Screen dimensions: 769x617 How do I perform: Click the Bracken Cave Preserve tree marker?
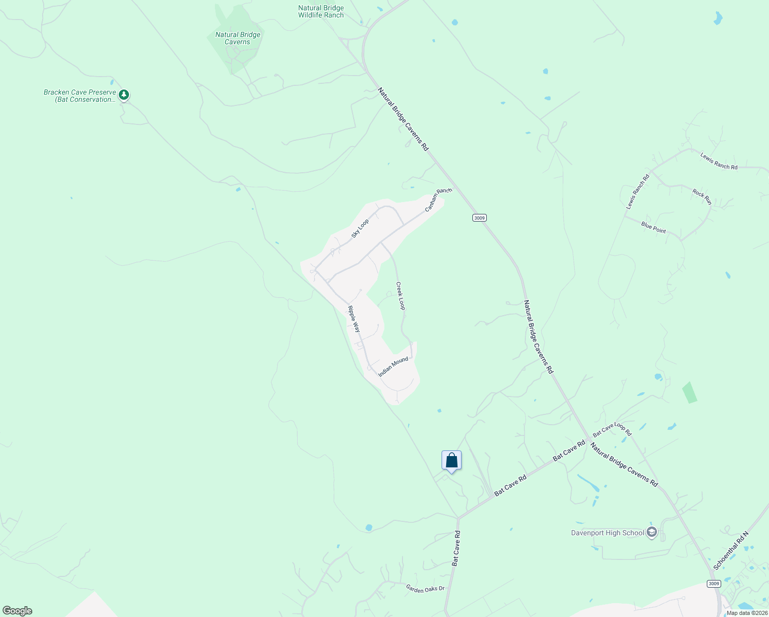(x=123, y=95)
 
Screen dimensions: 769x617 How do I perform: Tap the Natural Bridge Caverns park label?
(x=238, y=39)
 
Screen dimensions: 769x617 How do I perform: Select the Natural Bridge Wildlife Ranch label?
(x=321, y=11)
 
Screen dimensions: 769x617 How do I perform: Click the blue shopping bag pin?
(x=451, y=460)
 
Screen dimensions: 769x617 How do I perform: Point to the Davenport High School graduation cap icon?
(x=652, y=532)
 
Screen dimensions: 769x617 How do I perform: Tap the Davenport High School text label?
(x=607, y=533)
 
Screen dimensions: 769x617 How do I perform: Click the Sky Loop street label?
(x=360, y=228)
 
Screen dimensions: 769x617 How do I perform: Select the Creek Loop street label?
(x=400, y=296)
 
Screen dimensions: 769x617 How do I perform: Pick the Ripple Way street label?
(x=354, y=319)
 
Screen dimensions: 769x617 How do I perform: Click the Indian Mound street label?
(x=393, y=367)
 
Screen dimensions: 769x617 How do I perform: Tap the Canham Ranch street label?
(x=438, y=199)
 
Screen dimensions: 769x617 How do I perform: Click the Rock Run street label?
(x=702, y=196)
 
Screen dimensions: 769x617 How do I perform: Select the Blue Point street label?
(x=653, y=227)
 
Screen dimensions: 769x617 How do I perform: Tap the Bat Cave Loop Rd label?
(x=612, y=430)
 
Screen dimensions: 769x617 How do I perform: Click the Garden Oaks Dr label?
(x=425, y=588)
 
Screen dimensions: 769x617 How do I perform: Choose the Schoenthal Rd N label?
(x=731, y=550)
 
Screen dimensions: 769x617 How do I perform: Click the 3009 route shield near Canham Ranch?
(x=479, y=218)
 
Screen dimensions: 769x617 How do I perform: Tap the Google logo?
(x=17, y=611)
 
